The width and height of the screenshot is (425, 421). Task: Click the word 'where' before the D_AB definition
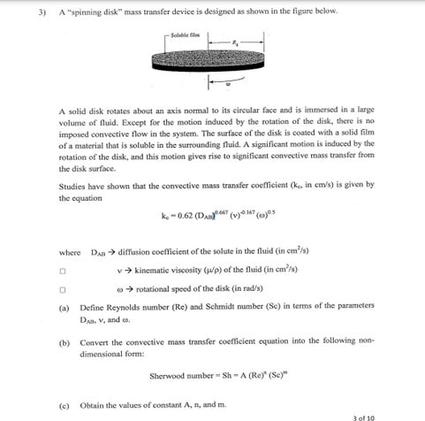click(68, 253)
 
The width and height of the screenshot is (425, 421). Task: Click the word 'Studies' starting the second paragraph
click(72, 188)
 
